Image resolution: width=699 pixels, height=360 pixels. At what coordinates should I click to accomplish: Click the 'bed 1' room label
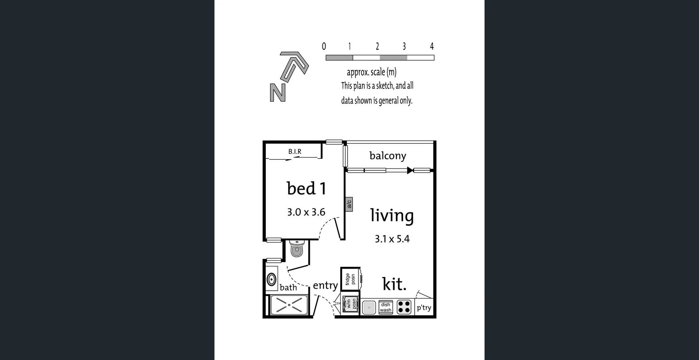point(306,189)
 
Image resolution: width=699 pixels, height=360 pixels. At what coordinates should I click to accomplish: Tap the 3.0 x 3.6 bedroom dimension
point(306,212)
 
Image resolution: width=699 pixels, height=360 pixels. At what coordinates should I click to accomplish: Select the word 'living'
point(392,215)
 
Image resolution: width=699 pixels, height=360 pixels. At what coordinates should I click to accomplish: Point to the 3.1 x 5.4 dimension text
point(392,239)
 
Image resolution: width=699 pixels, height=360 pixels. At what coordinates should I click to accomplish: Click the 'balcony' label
point(387,156)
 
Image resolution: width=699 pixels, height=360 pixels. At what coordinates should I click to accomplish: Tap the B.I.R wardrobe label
point(295,151)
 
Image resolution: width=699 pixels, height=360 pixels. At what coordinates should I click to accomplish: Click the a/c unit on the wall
point(349,204)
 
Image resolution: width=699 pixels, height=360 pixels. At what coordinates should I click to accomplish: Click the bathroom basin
point(271,280)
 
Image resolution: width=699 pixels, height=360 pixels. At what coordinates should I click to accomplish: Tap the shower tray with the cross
point(289,305)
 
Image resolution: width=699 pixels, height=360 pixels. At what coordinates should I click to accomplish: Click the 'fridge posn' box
point(350,279)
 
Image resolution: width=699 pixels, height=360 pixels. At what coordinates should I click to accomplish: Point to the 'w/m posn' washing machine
point(350,304)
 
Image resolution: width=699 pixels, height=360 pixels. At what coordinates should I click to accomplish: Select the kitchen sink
point(369,307)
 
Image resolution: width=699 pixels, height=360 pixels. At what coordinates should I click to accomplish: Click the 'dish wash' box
point(386,307)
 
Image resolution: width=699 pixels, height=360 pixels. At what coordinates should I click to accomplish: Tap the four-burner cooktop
point(404,307)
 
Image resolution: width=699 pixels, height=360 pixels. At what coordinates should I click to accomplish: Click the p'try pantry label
point(424,308)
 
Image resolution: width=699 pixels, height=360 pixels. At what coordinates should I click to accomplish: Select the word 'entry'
point(325,285)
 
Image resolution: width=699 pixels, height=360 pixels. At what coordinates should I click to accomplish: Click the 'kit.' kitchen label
point(394,284)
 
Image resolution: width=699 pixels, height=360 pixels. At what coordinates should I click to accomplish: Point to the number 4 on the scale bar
point(432,46)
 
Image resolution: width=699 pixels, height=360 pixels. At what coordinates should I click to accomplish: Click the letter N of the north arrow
point(277,93)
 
